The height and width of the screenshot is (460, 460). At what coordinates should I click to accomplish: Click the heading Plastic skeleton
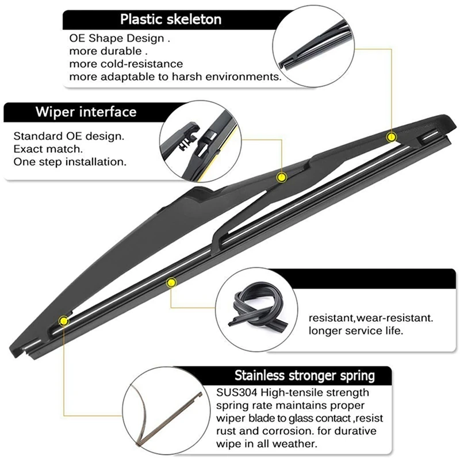170,19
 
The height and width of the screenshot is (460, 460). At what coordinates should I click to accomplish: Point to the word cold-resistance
146,63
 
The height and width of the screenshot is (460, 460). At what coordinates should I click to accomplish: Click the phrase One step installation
69,162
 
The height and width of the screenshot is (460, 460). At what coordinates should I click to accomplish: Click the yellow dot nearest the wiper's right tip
391,137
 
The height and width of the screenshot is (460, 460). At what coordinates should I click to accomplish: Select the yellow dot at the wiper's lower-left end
63,320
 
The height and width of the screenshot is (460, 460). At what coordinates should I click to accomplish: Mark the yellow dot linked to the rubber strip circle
170,282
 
